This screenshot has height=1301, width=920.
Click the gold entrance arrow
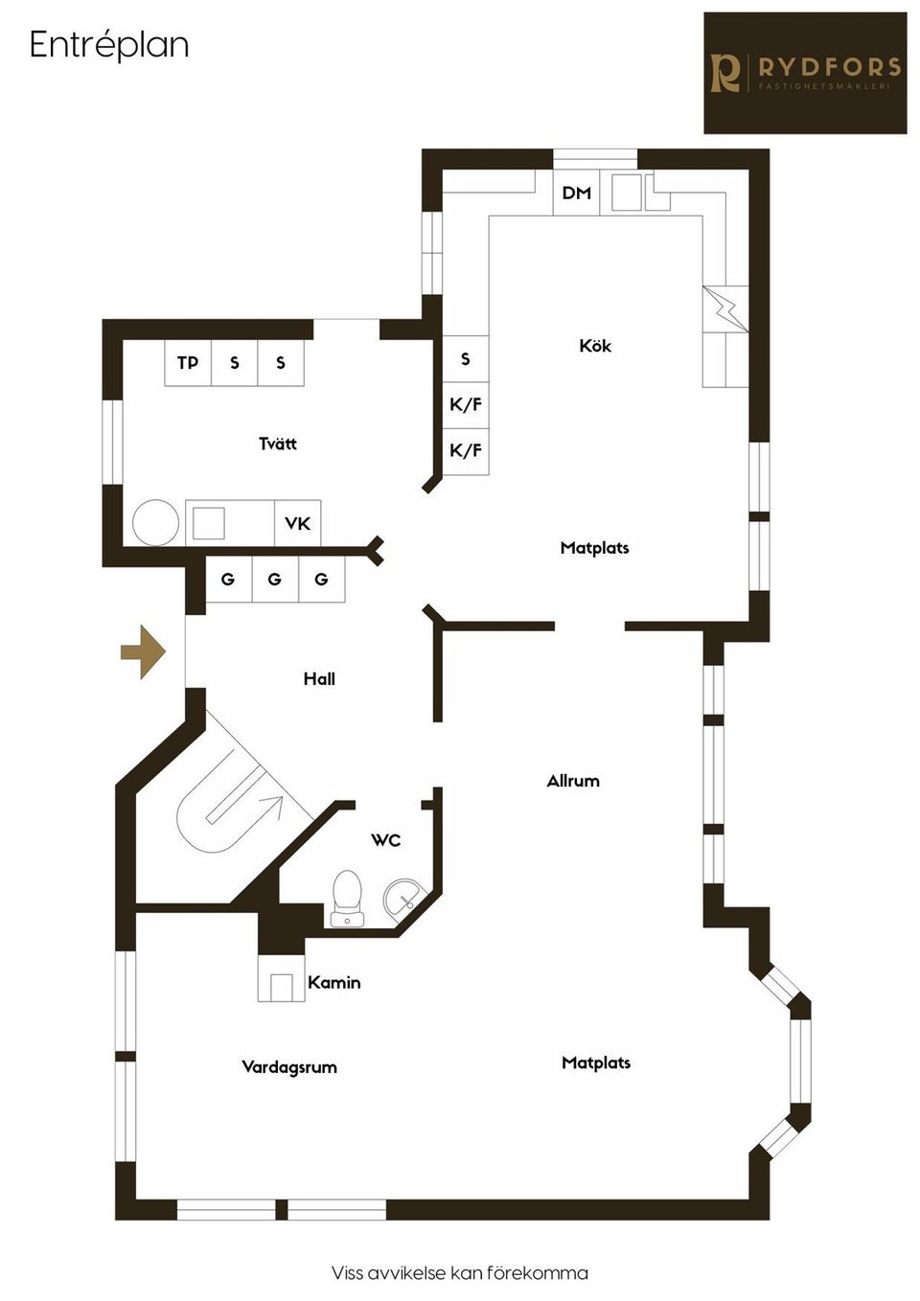144,651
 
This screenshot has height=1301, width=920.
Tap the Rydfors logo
805,73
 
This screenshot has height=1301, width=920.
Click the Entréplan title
108,45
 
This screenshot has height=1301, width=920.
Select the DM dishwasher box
576,193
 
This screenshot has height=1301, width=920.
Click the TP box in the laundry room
188,363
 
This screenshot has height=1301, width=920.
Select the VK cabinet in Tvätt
298,523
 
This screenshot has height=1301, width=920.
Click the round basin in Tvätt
155,523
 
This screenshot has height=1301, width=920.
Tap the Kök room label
595,346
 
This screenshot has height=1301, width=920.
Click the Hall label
319,678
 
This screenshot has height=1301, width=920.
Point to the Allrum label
573,781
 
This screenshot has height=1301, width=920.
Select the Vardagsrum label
289,1066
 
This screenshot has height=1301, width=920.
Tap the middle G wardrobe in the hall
275,580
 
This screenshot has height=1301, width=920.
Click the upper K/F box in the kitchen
466,404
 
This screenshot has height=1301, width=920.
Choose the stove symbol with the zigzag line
724,309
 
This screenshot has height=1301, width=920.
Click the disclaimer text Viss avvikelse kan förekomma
460,1273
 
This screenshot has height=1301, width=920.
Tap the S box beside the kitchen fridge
466,358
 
